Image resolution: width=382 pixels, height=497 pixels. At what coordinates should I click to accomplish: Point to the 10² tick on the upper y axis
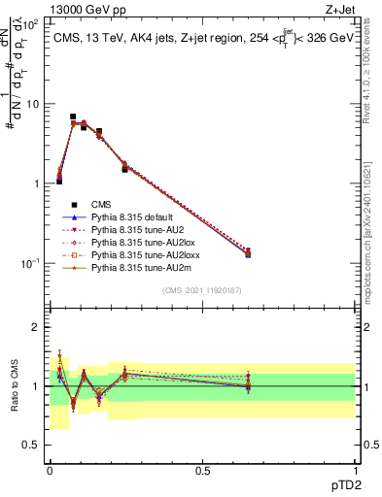(32, 24)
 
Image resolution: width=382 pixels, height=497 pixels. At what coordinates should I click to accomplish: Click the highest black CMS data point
(73, 116)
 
